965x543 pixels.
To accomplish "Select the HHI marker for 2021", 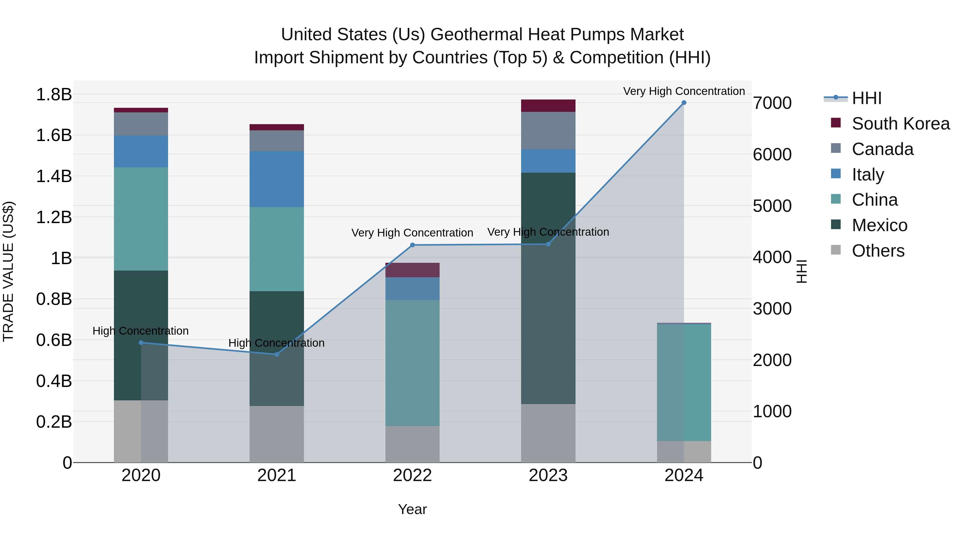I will coord(277,354).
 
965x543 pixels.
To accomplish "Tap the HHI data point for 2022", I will coord(413,245).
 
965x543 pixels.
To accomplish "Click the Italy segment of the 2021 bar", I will coord(277,179).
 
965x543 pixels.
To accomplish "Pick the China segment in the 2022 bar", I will coord(413,363).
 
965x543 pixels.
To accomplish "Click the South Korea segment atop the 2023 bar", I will coord(548,106).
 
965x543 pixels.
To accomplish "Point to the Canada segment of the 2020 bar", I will coord(141,124).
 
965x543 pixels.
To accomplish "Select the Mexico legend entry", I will coord(879,225).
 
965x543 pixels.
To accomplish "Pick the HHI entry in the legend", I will coord(866,98).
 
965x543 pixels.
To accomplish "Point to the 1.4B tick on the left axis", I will coord(54,176).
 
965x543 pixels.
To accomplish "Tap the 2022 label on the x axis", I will coord(413,475).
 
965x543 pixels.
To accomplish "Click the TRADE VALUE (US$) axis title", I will coord(8,271).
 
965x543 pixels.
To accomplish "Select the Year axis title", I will coord(413,509).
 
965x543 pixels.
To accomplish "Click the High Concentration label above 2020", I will coord(140,331).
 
